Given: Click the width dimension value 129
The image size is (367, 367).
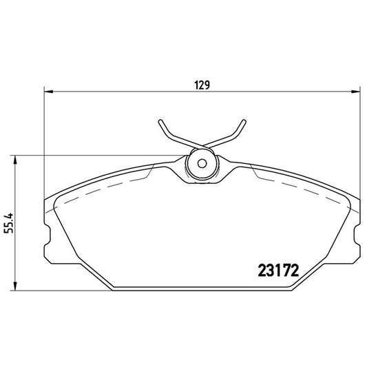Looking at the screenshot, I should [201, 85].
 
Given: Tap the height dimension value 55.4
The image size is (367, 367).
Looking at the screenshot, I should [9, 221].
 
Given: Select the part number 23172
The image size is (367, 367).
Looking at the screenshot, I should [276, 271].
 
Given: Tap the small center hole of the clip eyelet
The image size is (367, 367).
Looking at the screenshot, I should [202, 165].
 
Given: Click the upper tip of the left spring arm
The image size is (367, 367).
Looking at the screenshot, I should [159, 122].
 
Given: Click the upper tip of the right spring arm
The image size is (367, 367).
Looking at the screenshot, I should [244, 122].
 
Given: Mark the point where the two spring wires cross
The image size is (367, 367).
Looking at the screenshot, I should [202, 145].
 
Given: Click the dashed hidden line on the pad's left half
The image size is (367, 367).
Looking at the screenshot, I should [103, 186].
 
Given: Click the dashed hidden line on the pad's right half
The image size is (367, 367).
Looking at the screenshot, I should [303, 187].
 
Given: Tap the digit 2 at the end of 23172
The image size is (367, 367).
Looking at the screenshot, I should [292, 271].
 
